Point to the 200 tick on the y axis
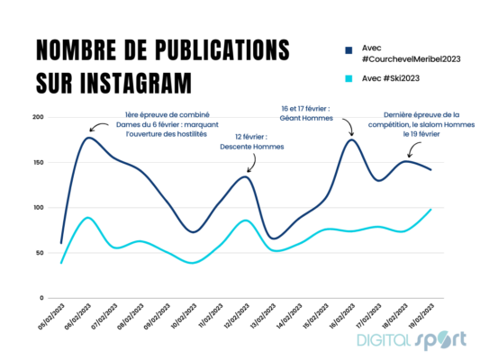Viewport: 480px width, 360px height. click(38, 118)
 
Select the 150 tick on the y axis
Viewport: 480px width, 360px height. click(38, 163)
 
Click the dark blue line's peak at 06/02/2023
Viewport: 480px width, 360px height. click(88, 138)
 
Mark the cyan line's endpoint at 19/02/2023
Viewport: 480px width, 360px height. click(430, 210)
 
